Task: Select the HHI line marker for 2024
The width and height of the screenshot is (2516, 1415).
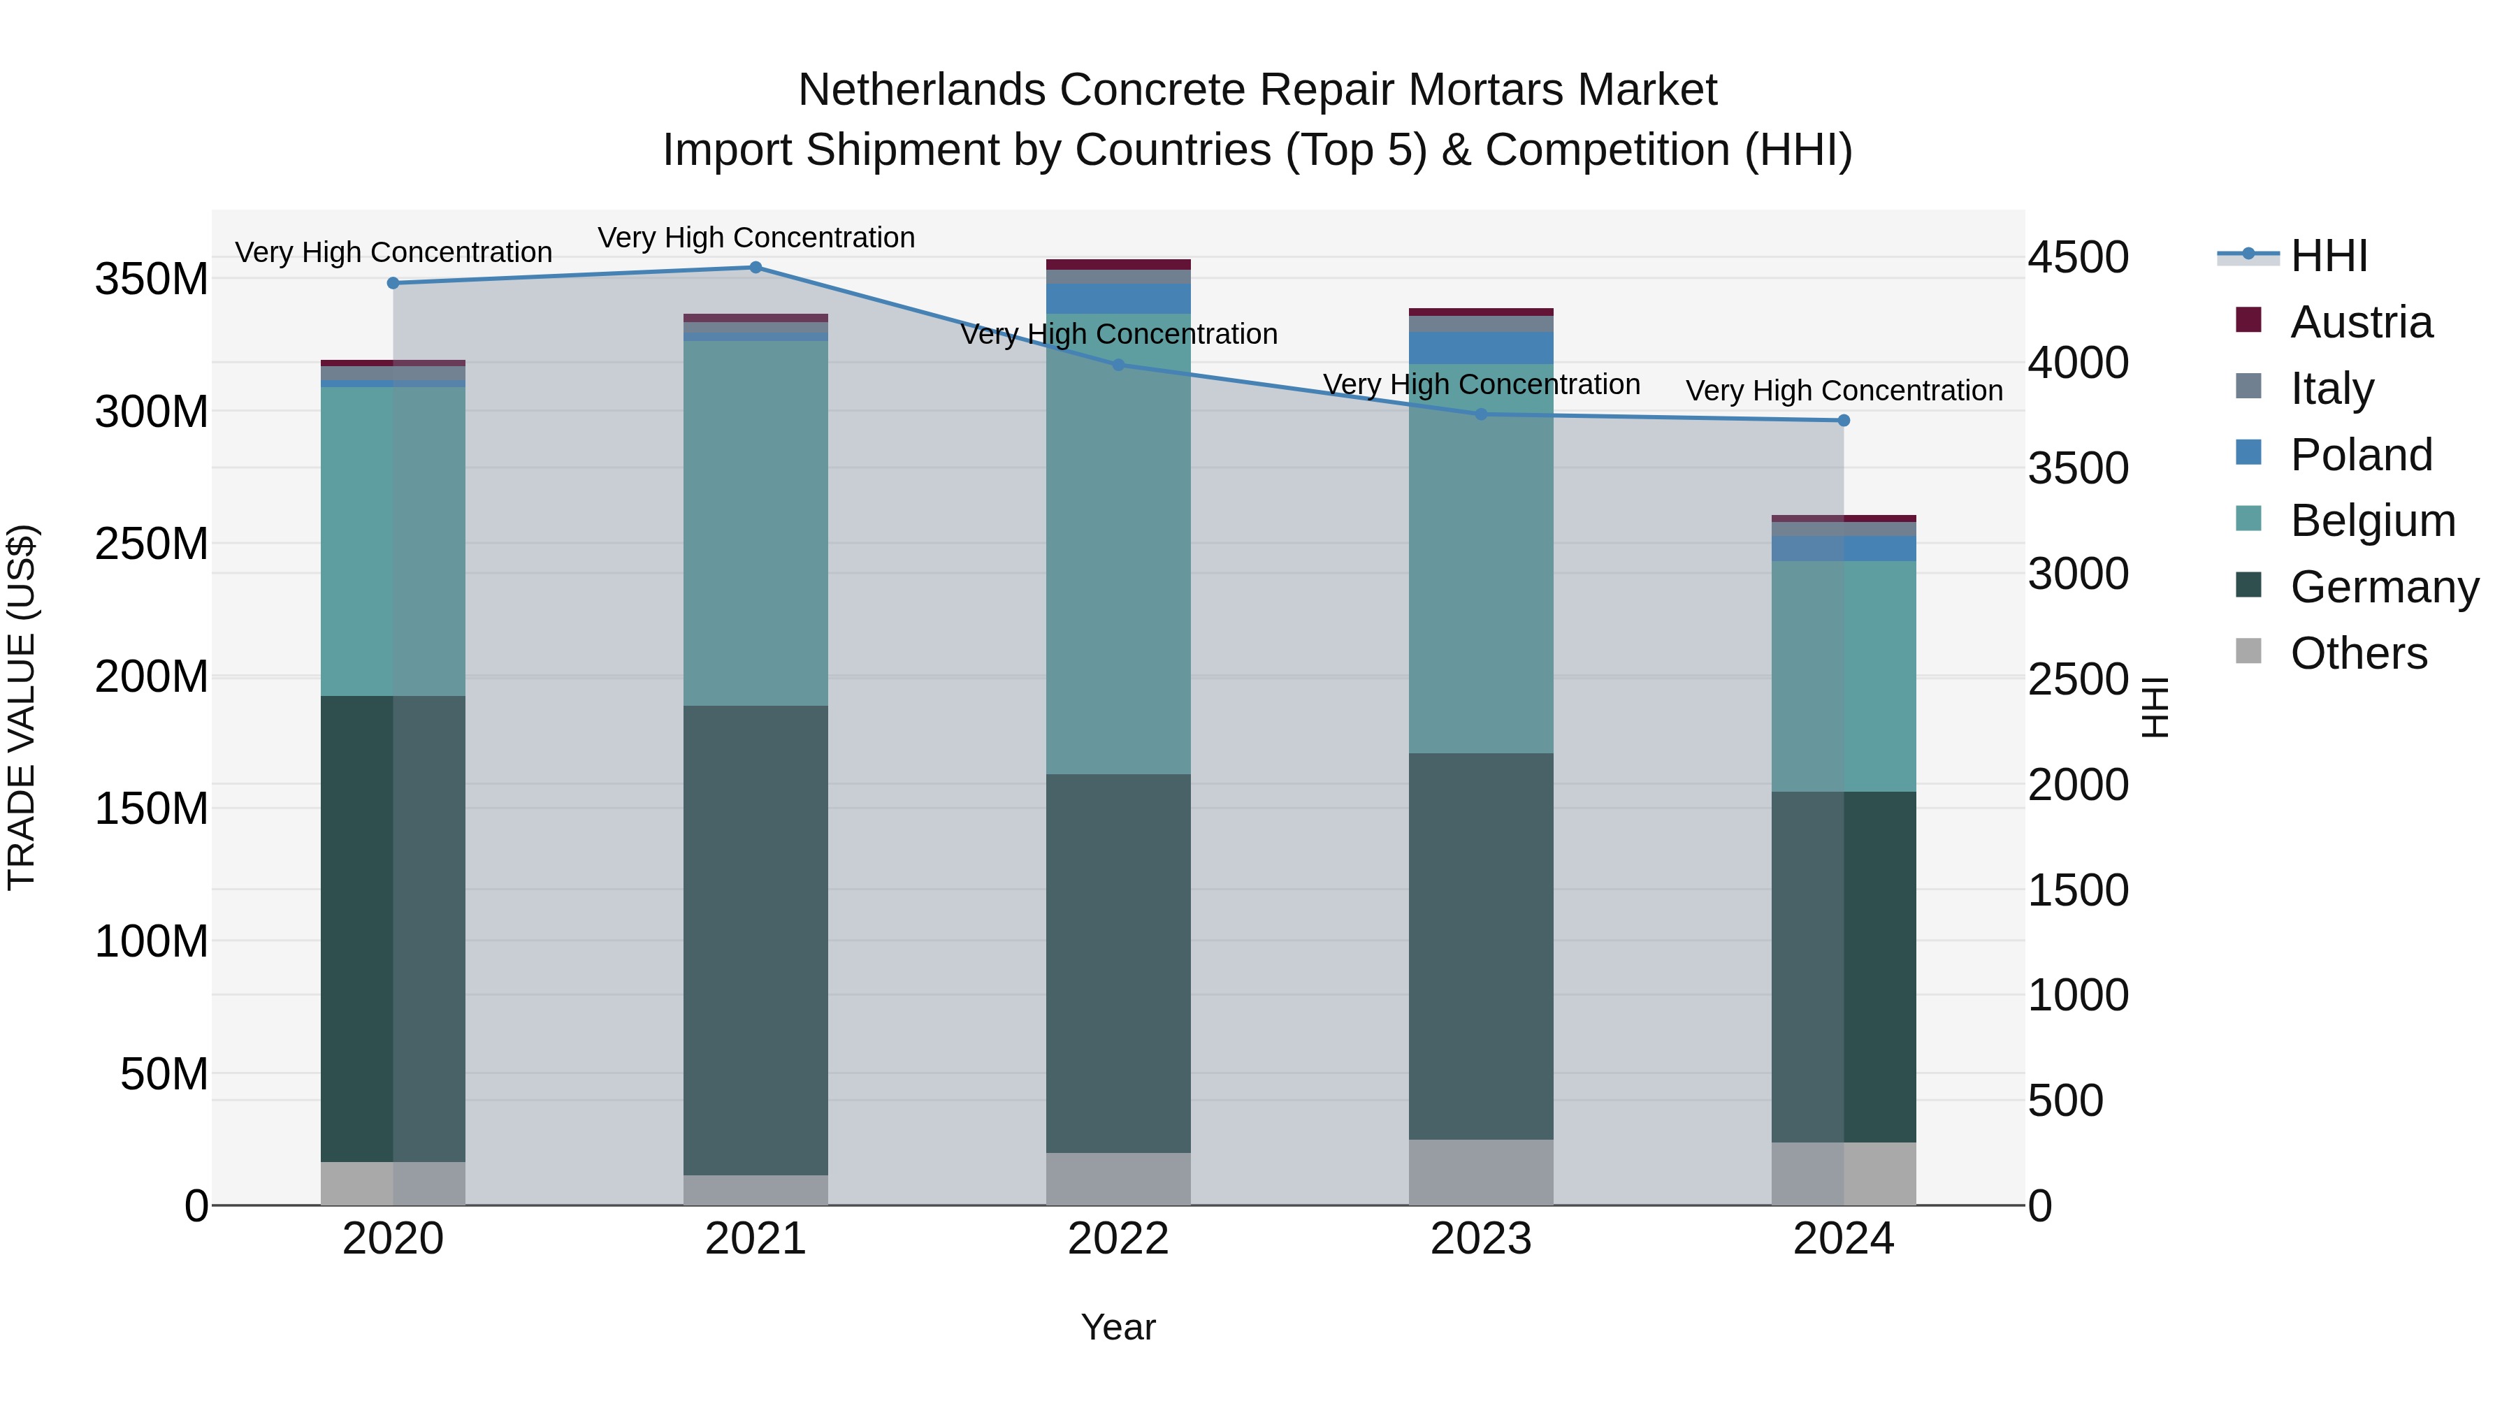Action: click(1843, 421)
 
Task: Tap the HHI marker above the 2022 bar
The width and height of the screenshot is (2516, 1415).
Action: click(1118, 365)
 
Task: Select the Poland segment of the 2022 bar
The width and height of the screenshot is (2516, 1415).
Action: click(1118, 299)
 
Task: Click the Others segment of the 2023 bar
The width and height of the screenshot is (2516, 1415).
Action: click(1481, 1172)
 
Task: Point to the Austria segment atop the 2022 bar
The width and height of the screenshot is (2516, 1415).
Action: click(1118, 265)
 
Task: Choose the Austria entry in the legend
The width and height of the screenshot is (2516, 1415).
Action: click(2361, 322)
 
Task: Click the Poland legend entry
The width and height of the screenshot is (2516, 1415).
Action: click(2361, 455)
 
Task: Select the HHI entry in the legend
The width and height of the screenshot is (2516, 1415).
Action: click(2329, 256)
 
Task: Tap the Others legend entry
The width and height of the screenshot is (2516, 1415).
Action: click(2358, 653)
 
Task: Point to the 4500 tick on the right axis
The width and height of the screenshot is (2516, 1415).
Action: click(2078, 258)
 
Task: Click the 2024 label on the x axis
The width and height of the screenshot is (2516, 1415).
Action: click(1843, 1239)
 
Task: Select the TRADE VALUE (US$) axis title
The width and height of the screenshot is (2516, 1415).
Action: click(22, 707)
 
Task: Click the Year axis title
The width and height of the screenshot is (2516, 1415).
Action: click(1118, 1327)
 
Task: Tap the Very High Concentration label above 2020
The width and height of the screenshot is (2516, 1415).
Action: click(393, 252)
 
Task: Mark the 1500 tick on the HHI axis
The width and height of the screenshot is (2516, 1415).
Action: click(2078, 890)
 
